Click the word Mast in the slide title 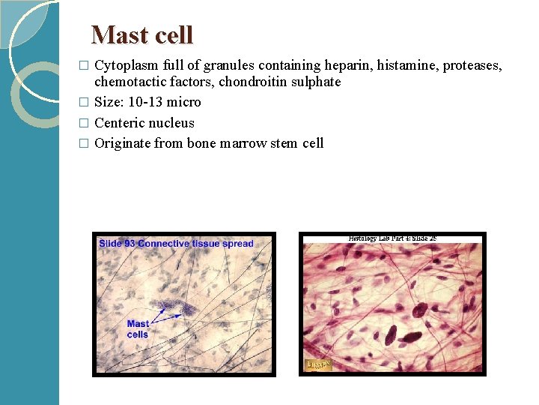115,35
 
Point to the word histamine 407,65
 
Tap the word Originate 123,143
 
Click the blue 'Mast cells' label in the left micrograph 138,329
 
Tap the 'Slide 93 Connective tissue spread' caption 177,244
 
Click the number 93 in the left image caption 129,244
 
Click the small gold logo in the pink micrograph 318,365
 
